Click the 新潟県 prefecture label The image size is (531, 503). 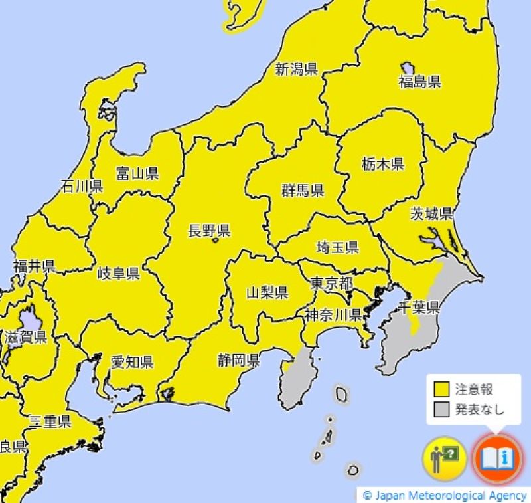296,70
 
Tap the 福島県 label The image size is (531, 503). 419,82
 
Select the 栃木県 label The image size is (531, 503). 383,163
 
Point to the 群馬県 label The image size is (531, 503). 302,191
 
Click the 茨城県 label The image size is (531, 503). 431,213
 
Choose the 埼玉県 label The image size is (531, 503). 337,248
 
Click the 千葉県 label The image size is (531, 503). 418,307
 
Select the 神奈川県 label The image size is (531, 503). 333,314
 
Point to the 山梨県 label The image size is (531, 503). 267,292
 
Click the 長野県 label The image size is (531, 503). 208,231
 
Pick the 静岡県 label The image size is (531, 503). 238,361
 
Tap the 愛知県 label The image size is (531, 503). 131,362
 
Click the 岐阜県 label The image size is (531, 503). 118,274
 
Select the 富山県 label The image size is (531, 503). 137,174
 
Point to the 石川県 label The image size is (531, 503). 81,186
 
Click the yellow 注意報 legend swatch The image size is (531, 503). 442,389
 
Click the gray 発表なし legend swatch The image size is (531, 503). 442,409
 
